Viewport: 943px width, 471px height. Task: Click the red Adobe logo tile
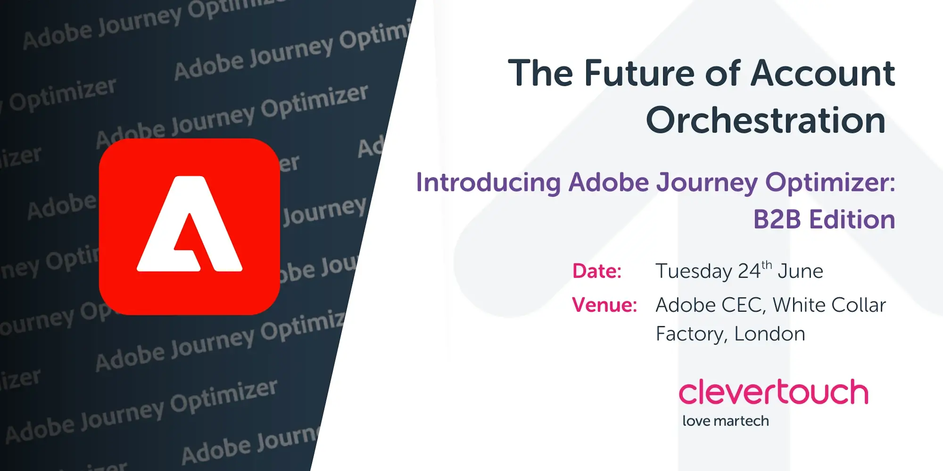[x=189, y=226]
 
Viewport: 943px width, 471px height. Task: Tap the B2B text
[x=777, y=219]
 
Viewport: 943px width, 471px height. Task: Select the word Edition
[x=852, y=219]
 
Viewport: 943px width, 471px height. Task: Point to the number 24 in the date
[x=749, y=271]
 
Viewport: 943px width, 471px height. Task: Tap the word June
[x=801, y=271]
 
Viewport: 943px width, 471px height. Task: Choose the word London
[x=770, y=334]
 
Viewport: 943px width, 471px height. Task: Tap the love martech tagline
[x=726, y=421]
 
